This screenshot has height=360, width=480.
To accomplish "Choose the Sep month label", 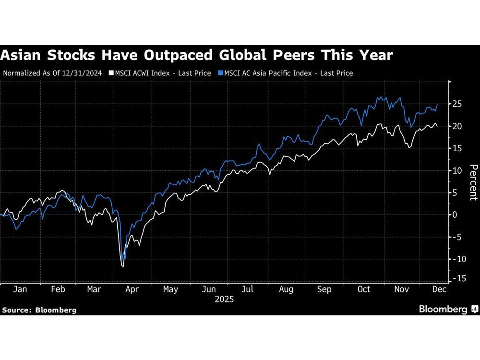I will coord(324,289).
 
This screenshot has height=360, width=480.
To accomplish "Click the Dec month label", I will coord(440,289).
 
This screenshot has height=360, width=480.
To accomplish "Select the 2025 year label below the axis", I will coord(224,299).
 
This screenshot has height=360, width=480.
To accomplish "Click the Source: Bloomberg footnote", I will coord(39,310).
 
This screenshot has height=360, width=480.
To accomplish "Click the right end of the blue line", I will coord(437,104).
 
